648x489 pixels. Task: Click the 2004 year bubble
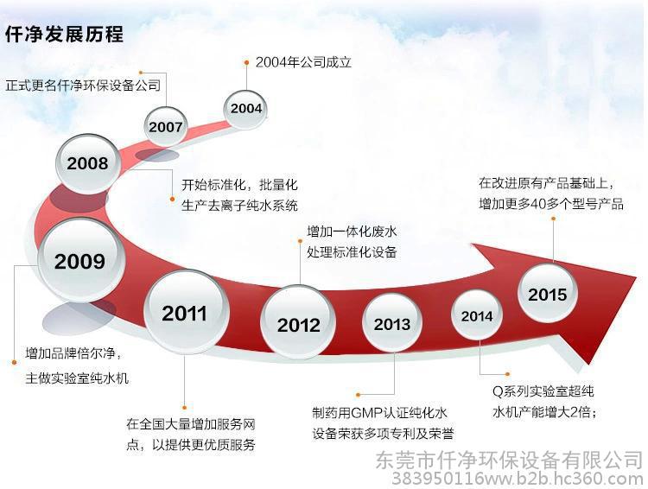pos(245,109)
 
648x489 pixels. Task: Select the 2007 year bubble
pos(166,126)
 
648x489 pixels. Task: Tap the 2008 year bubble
pos(88,163)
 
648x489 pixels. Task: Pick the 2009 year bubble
pos(81,260)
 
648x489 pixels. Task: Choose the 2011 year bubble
pos(186,312)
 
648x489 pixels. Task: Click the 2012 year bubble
pos(298,322)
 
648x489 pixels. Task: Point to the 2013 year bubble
pos(391,323)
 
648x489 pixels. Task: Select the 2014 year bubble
pos(477,315)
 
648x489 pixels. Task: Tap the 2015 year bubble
pos(548,293)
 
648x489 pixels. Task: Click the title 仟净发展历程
pos(64,34)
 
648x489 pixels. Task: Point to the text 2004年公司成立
pos(303,62)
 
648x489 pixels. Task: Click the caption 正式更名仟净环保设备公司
pos(83,86)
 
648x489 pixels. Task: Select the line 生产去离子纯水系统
pos(239,205)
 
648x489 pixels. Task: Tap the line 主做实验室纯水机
pos(77,378)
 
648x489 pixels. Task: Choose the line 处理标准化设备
pos(352,251)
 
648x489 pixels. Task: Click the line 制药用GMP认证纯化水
pos(380,412)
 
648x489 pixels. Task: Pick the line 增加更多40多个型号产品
pos(551,203)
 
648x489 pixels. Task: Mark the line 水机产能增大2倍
pos(543,412)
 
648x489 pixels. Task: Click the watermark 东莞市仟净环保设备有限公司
pos(509,460)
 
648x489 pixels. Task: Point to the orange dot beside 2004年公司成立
pos(246,63)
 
